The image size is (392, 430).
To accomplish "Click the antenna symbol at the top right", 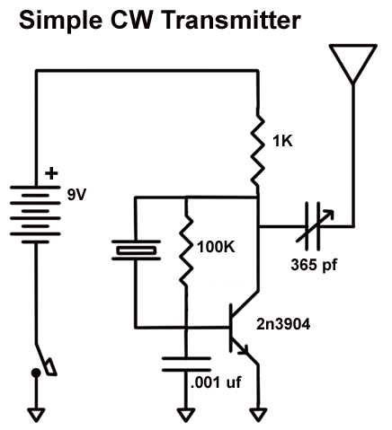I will point(352,64).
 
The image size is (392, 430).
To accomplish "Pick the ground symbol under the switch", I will point(37,414).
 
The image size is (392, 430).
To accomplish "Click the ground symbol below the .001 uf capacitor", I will point(185,414).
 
